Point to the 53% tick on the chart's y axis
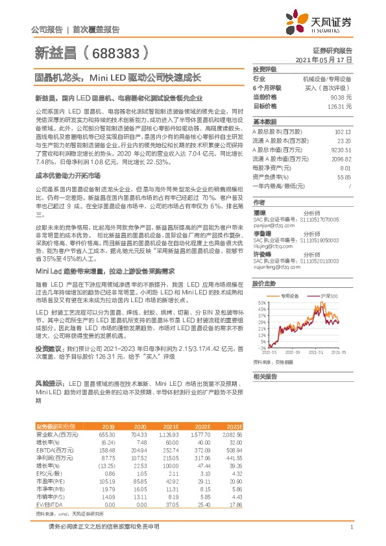pyautogui.click(x=261, y=303)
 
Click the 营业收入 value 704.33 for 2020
pyautogui.click(x=140, y=433)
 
